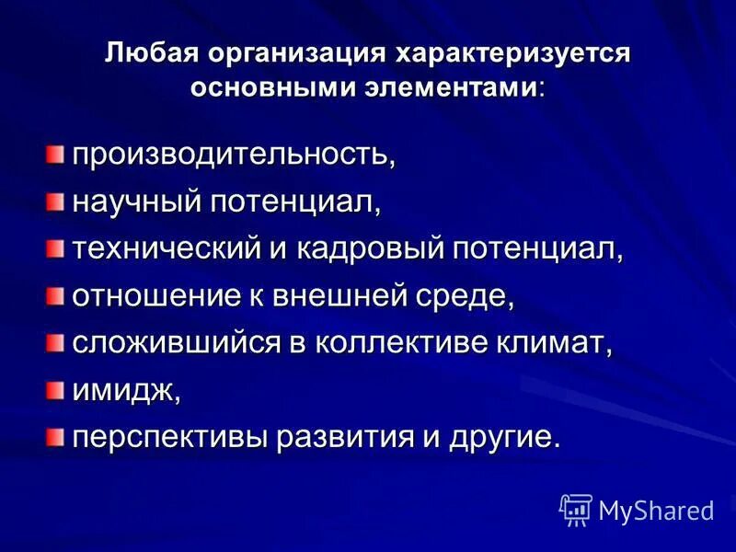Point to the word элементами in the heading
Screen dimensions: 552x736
pos(455,88)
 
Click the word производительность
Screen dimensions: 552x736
pos(234,153)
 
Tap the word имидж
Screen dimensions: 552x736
pos(125,392)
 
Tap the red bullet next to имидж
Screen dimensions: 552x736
pos(58,391)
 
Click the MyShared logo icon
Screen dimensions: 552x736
pos(576,510)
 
